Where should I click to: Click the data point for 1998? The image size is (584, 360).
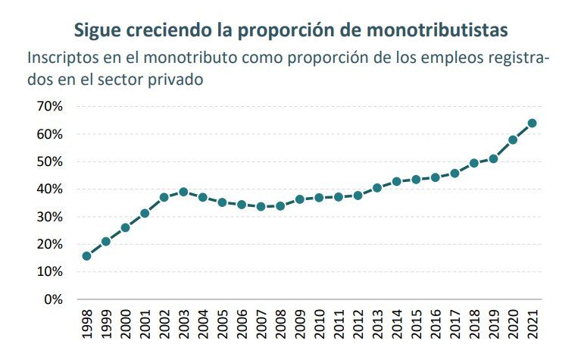point(86,256)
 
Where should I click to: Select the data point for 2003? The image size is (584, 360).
point(183,192)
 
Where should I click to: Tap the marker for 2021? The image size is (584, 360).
point(532,123)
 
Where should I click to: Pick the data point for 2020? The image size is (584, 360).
point(513,140)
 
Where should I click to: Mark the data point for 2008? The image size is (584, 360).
point(280,206)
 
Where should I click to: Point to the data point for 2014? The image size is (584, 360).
point(396,182)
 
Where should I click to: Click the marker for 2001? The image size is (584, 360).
point(145,214)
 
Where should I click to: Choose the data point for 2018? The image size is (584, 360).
point(474,163)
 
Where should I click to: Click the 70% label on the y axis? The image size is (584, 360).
point(48,107)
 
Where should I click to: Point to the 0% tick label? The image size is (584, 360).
point(52,299)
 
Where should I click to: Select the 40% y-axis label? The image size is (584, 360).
point(48,189)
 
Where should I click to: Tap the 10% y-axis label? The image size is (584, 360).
point(48,271)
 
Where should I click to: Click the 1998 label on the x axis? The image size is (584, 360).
point(87,324)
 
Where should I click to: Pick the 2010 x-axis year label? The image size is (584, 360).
point(320,324)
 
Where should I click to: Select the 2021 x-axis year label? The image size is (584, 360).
point(532,324)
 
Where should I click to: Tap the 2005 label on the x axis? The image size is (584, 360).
point(223,324)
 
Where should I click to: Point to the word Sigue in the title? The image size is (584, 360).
point(98,30)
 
